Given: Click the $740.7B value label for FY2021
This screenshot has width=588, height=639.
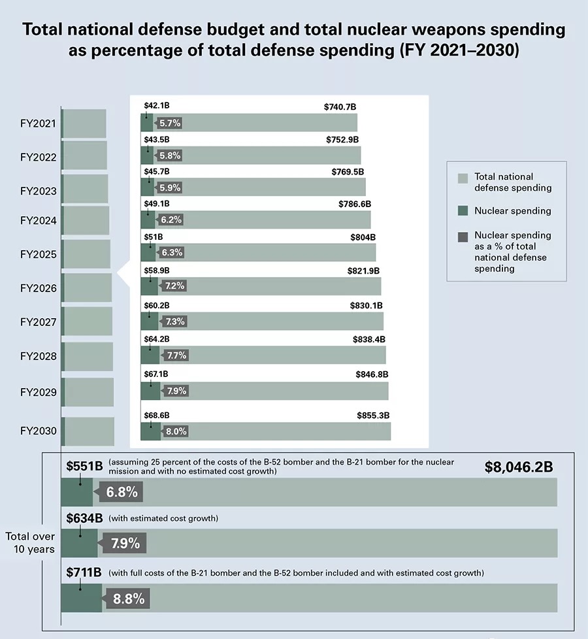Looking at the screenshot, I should (340, 106).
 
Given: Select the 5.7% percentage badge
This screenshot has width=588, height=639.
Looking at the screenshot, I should (169, 123).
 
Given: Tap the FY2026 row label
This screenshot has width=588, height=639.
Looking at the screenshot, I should (39, 288).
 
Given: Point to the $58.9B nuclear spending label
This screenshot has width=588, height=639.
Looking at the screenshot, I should (157, 270).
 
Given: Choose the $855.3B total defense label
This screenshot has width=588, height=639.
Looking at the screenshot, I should (373, 416).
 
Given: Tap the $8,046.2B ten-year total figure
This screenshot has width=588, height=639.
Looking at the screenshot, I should (519, 467).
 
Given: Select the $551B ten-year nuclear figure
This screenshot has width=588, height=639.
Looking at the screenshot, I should (84, 467).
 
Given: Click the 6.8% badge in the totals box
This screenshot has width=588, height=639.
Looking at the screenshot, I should (122, 493).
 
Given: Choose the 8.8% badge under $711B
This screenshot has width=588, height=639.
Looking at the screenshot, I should (129, 598).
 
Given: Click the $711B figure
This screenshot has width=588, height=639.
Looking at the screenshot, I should (84, 573).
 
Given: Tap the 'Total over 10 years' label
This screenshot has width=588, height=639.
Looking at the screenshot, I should (30, 543).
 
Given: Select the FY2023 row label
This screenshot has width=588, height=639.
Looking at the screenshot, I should (39, 191).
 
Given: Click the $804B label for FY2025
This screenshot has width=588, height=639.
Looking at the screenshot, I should (363, 237).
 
